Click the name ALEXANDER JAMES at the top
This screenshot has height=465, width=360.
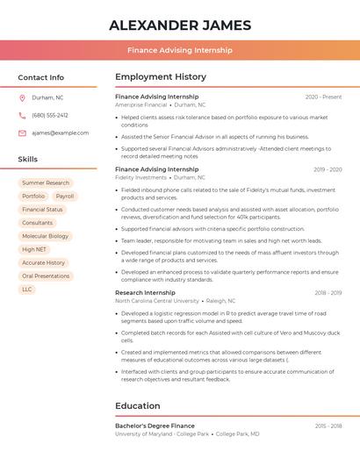179,25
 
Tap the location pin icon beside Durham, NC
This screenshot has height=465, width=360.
22,98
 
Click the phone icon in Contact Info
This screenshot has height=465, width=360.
22,116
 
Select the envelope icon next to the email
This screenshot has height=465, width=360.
22,133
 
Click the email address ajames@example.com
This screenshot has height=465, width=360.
60,133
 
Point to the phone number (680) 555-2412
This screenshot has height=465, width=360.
50,116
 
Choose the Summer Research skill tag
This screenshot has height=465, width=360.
46,183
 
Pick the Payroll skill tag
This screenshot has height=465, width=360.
64,197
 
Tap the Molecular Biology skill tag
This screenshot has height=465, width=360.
45,236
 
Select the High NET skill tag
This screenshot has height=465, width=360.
34,249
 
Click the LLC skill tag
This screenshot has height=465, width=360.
27,289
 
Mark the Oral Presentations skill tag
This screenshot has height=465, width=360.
46,275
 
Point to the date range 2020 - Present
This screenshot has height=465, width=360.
323,97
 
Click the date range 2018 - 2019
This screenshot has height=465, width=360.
328,292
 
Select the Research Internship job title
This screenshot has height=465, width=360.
145,292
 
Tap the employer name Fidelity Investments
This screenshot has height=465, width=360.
140,177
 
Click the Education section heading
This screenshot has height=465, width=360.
138,405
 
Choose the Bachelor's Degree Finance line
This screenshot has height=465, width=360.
155,426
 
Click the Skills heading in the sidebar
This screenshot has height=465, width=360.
28,159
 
